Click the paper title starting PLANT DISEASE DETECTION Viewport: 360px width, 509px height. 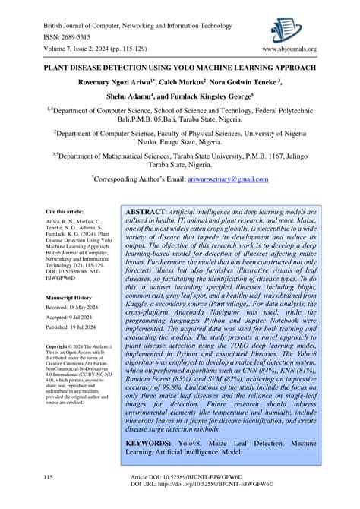pyautogui.click(x=180, y=67)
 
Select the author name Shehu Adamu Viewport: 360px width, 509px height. pyautogui.click(x=133, y=97)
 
